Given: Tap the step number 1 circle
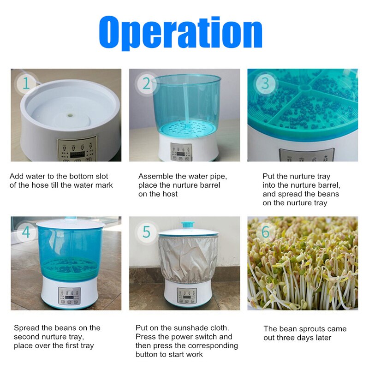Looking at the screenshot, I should click(x=26, y=84).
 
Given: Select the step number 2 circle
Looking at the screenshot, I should click(x=146, y=84).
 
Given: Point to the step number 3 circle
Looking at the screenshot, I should click(x=265, y=83).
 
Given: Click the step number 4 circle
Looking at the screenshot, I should click(x=26, y=232).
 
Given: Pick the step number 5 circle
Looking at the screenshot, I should click(x=146, y=232).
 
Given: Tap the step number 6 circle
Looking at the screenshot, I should click(x=265, y=232).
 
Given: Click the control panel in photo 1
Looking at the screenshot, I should click(x=77, y=149).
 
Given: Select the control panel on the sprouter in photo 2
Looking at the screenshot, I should click(x=180, y=151).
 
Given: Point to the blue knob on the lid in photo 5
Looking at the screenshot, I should click(x=187, y=225).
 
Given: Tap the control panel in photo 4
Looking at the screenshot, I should click(x=69, y=294).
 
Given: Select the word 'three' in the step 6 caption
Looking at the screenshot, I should click(x=287, y=338).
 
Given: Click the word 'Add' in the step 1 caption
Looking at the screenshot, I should click(x=17, y=176).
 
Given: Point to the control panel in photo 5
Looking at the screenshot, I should click(x=187, y=295).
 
